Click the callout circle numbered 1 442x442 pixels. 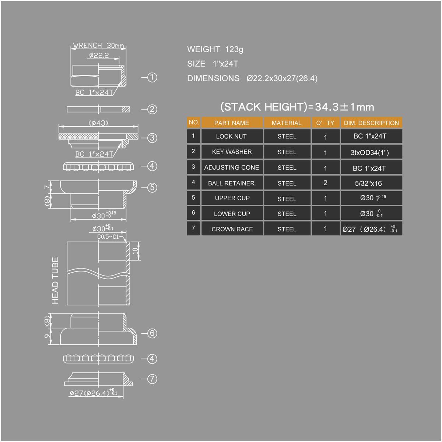pos(152,77)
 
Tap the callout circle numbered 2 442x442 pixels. pos(152,109)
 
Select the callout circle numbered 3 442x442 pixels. pos(152,138)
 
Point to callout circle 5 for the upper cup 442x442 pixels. pos(152,187)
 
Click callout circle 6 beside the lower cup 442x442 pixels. pos(152,333)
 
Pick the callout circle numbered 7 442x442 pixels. pos(152,379)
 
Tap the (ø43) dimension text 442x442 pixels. pos(99,123)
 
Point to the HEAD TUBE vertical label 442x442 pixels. pos(56,280)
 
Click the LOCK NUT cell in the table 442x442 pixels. pos(232,136)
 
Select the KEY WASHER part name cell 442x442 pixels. pos(232,152)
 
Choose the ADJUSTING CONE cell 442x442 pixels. pos(232,168)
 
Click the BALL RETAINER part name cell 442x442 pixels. pos(232,183)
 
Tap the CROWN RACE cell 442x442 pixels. pos(232,229)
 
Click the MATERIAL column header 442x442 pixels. pos(287,123)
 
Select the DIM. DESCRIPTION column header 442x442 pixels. pos(371,123)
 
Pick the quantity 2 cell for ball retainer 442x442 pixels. pos(325,183)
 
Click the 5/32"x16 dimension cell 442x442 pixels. pos(369,183)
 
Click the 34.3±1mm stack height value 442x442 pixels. pos(345,107)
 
